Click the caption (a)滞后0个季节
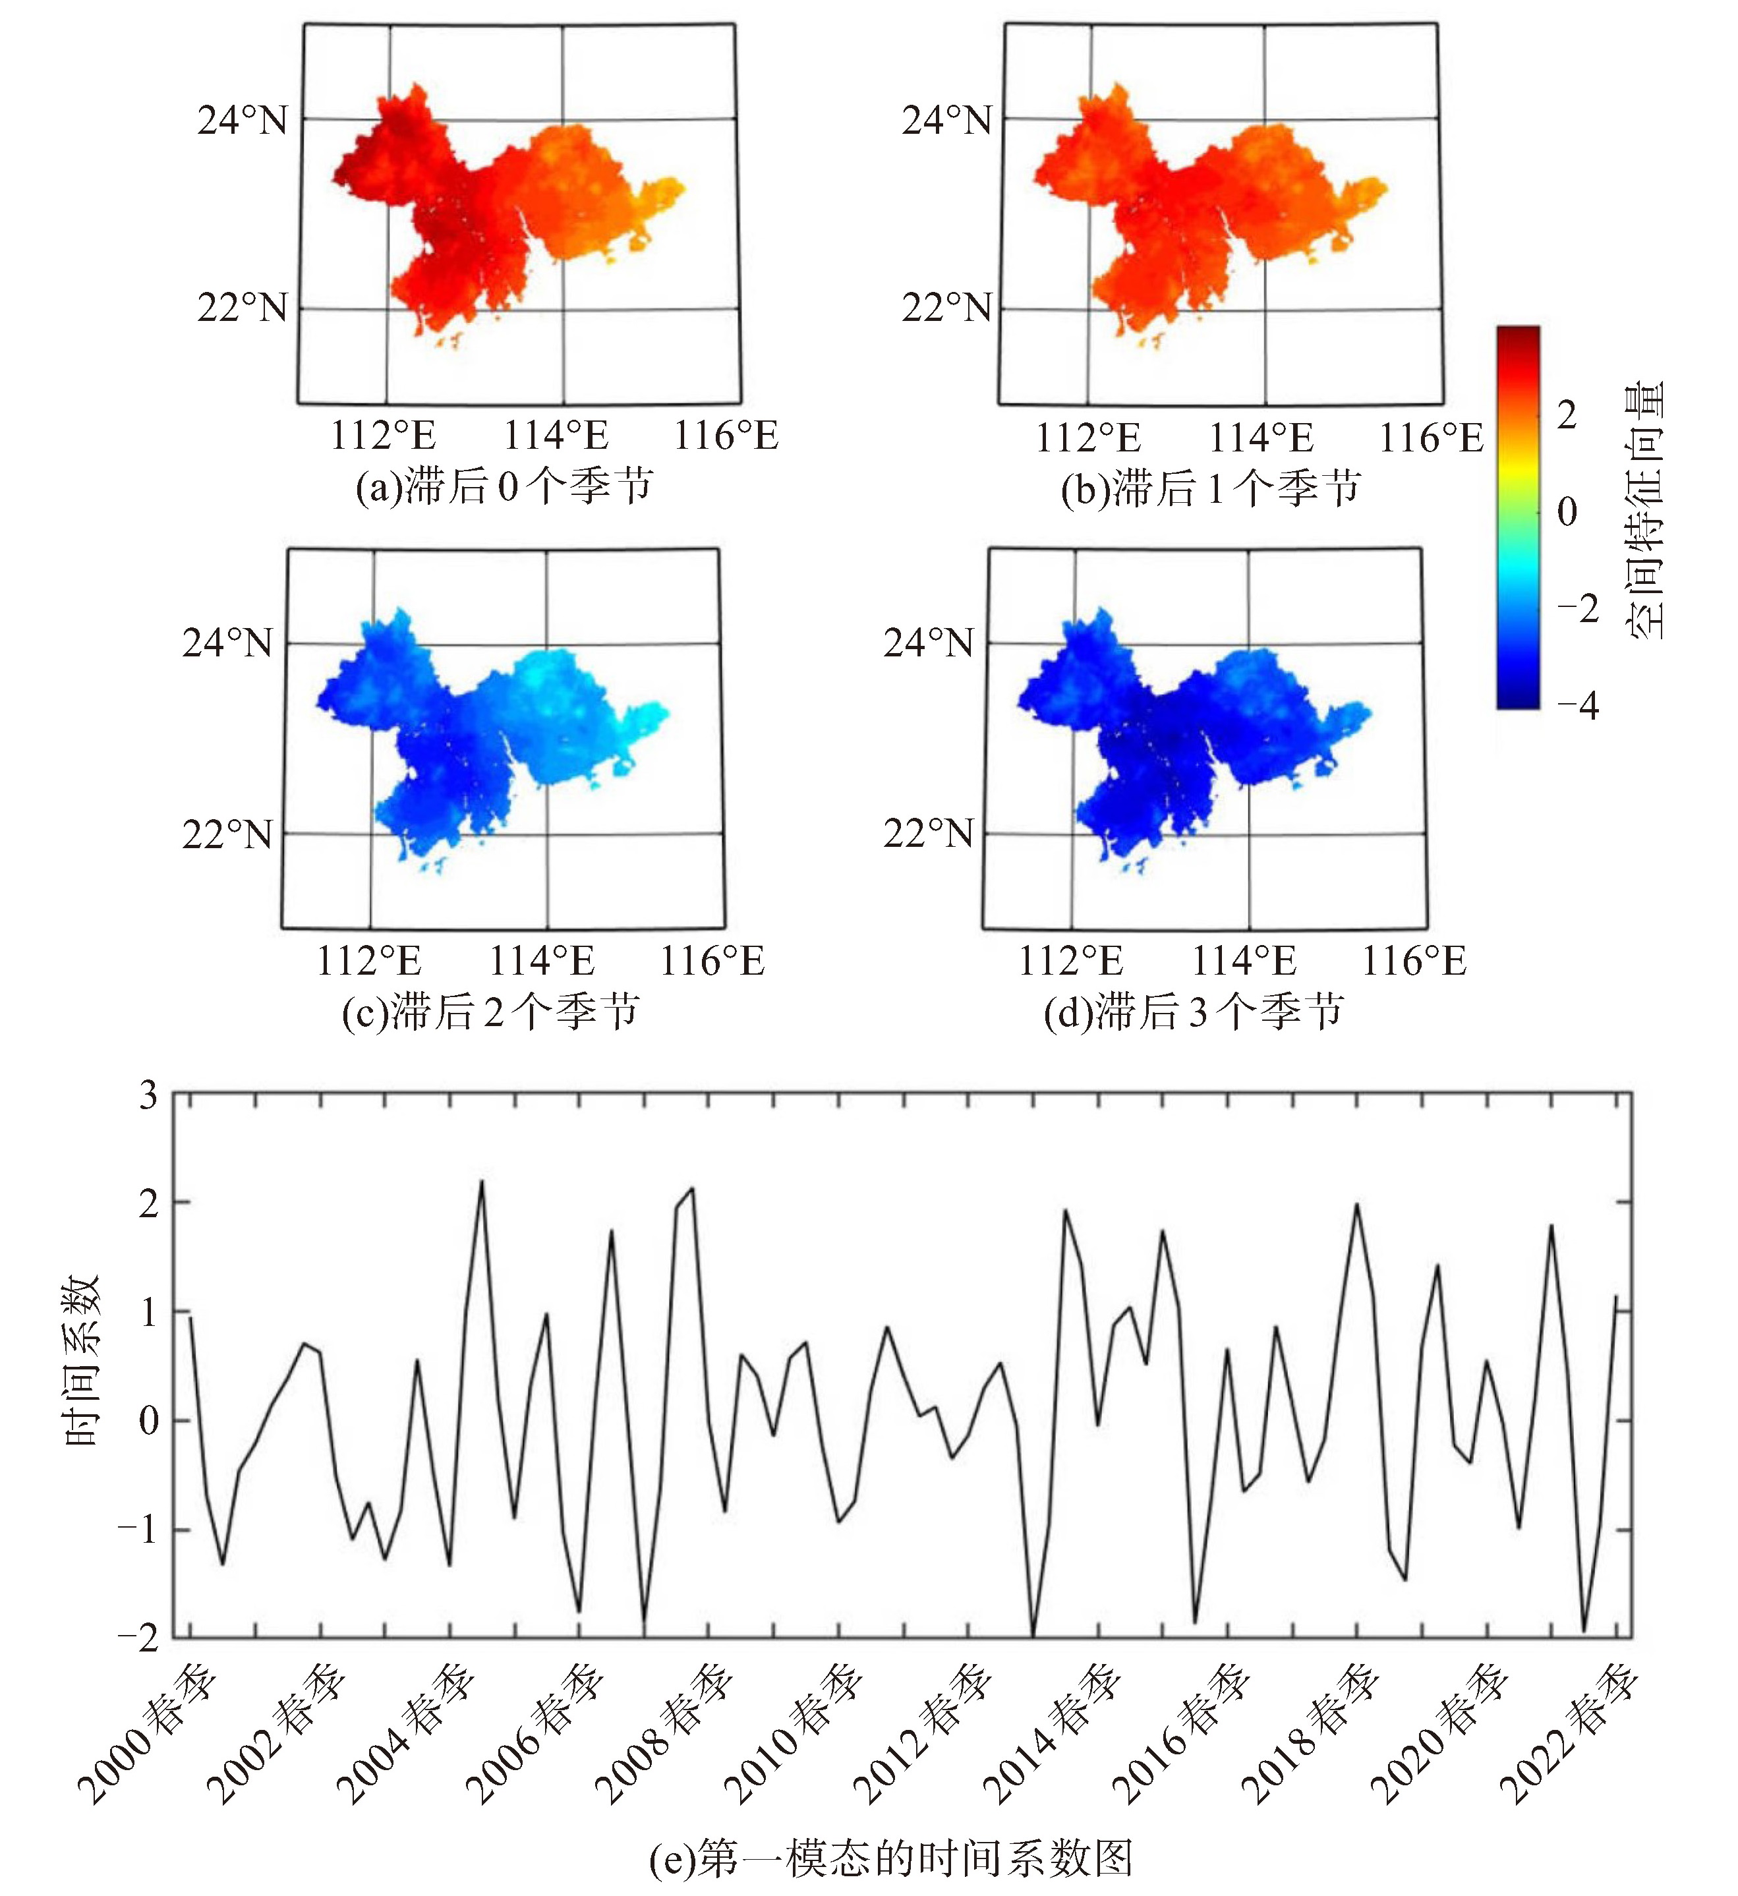click(504, 487)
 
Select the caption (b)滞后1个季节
click(1210, 489)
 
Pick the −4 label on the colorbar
click(1577, 704)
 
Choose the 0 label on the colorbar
click(1567, 511)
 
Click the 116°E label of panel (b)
click(1430, 438)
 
